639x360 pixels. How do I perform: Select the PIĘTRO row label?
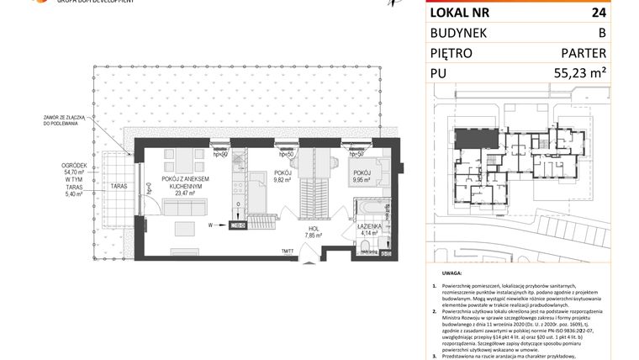point(452,53)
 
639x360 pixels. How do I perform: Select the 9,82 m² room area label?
point(282,179)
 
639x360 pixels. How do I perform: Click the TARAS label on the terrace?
point(119,184)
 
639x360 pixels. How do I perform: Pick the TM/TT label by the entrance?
point(288,251)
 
